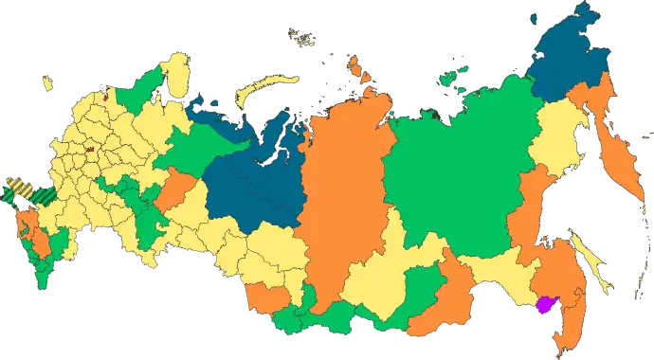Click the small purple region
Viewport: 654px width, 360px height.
coord(546,305)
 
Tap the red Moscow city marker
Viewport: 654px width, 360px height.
coord(88,149)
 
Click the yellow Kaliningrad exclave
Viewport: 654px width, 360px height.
coord(45,84)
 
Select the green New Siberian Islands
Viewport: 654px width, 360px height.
coord(457,69)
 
